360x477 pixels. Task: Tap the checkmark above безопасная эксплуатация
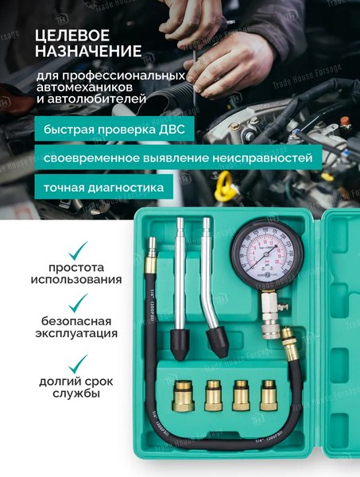pos(78,303)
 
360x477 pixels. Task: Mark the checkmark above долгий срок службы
pos(78,365)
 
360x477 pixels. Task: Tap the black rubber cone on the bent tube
pos(219,343)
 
